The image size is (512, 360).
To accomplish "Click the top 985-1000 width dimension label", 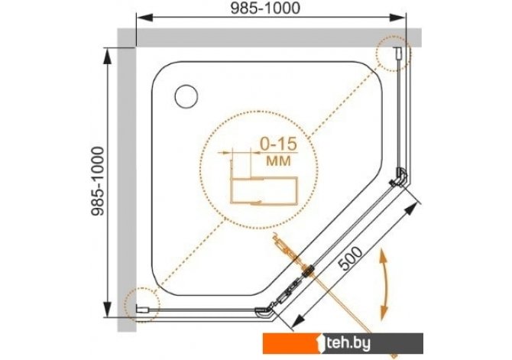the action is point(265,9).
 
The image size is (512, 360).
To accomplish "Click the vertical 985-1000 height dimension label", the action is point(98,181).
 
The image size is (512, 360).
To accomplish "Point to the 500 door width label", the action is point(349,258).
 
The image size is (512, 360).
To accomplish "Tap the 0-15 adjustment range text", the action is point(278,144).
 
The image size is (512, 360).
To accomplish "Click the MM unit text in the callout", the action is point(278,161).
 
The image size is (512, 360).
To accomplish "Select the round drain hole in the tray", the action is point(186,96).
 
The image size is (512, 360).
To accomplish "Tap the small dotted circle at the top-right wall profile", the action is point(393,54).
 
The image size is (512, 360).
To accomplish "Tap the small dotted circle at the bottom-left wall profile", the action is point(141,304).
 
